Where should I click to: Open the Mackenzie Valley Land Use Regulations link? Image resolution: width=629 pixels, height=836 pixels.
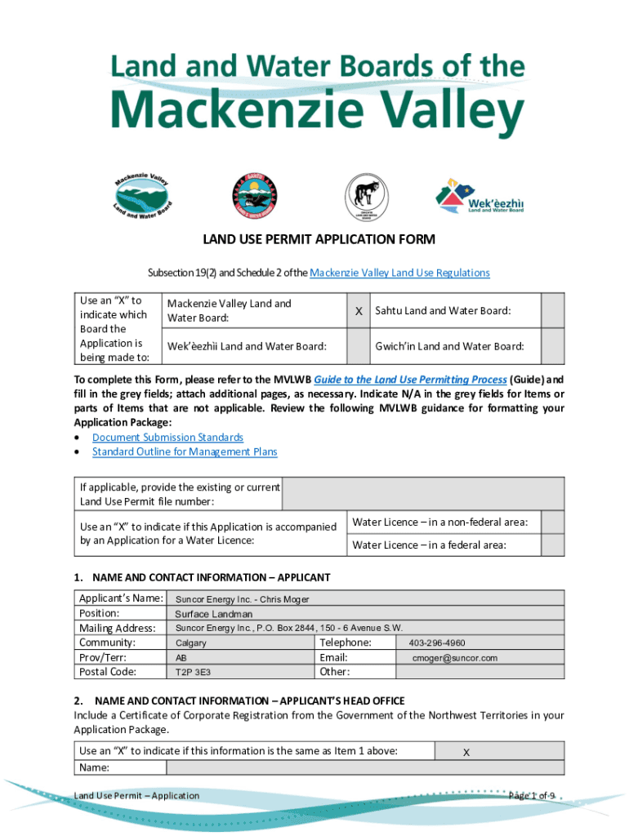click(x=400, y=273)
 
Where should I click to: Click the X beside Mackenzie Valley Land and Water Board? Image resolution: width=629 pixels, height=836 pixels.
click(x=359, y=311)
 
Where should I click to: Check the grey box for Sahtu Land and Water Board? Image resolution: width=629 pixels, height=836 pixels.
click(x=553, y=311)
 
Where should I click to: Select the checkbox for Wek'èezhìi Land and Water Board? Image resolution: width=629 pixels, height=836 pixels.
click(x=359, y=346)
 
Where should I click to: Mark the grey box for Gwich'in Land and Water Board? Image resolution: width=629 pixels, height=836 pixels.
click(x=553, y=346)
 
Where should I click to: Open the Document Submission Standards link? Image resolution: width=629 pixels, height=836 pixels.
click(x=167, y=438)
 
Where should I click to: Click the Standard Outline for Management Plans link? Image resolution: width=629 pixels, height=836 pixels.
click(x=185, y=451)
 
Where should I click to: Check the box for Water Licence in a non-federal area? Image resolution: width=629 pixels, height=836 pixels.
click(x=553, y=522)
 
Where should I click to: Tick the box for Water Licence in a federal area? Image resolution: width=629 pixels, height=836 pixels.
click(x=553, y=545)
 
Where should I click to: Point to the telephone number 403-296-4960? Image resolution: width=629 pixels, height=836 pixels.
click(x=437, y=643)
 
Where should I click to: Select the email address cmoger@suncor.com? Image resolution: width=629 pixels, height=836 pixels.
click(x=454, y=658)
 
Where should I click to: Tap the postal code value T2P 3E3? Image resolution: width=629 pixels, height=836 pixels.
click(x=191, y=673)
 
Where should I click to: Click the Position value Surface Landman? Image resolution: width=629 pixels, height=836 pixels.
click(x=213, y=614)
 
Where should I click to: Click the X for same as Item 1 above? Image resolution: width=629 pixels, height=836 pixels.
click(x=466, y=753)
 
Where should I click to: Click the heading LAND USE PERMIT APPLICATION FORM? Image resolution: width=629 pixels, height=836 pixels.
click(x=319, y=239)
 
